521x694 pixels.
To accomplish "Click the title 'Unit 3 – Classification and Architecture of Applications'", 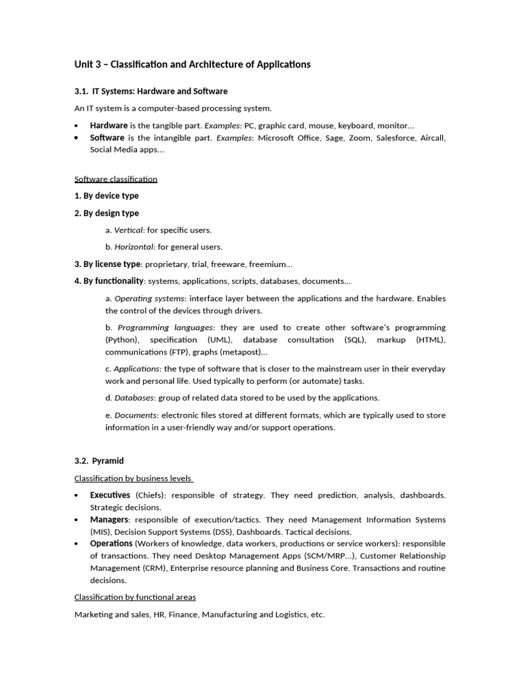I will pyautogui.click(x=192, y=64).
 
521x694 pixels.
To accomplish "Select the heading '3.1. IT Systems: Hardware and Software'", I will pyautogui.click(x=151, y=91).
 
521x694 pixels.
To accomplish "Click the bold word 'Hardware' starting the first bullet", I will pyautogui.click(x=109, y=125).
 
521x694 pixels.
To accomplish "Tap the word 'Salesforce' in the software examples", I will pyautogui.click(x=390, y=138).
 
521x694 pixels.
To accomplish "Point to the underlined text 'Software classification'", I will pyautogui.click(x=115, y=179).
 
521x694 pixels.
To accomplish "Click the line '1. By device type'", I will pyautogui.click(x=107, y=196).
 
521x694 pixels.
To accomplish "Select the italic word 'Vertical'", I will pyautogui.click(x=128, y=230).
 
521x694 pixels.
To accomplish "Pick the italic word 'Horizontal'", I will pyautogui.click(x=134, y=247).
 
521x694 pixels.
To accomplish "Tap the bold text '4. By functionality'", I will pyautogui.click(x=109, y=281).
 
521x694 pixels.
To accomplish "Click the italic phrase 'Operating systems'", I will pyautogui.click(x=149, y=298).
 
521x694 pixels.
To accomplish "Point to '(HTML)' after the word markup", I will pyautogui.click(x=431, y=340).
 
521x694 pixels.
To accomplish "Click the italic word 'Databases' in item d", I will pyautogui.click(x=134, y=398).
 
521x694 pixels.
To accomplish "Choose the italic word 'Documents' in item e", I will pyautogui.click(x=136, y=415).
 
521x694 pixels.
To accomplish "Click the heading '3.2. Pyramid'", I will pyautogui.click(x=99, y=461).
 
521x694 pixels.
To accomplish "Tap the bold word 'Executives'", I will pyautogui.click(x=110, y=495).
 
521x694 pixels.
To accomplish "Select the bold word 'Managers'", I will pyautogui.click(x=109, y=520).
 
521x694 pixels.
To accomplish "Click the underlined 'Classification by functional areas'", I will pyautogui.click(x=135, y=597).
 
